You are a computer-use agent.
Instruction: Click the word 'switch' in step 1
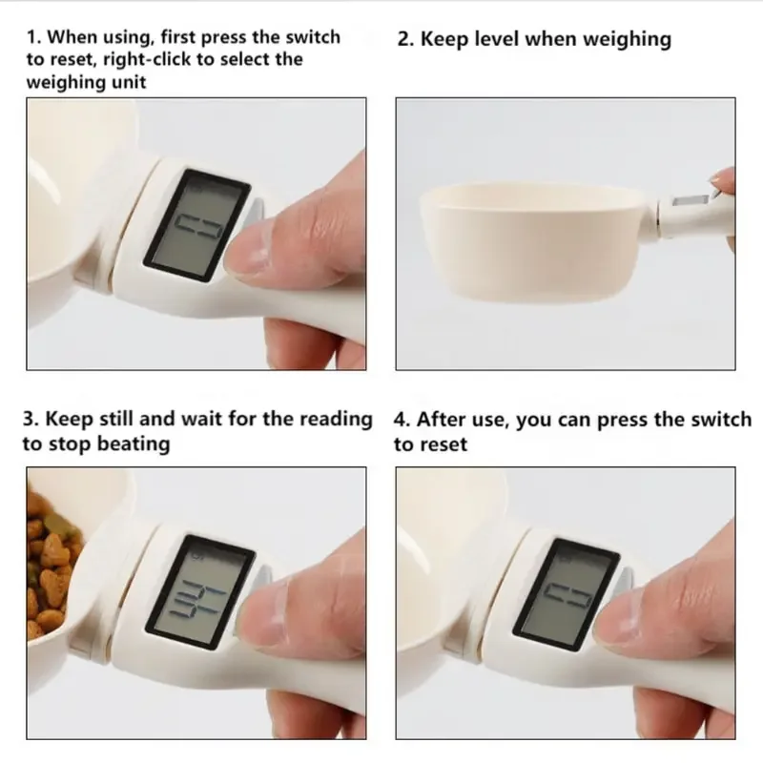click(x=311, y=37)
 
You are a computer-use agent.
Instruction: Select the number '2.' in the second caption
click(x=405, y=39)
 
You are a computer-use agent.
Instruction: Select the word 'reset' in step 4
click(x=444, y=444)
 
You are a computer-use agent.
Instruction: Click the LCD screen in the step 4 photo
click(x=563, y=591)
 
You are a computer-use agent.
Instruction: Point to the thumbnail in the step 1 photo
click(x=258, y=250)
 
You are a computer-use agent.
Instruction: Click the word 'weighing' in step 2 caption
click(x=620, y=39)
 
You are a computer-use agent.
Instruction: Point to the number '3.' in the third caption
click(x=32, y=420)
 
